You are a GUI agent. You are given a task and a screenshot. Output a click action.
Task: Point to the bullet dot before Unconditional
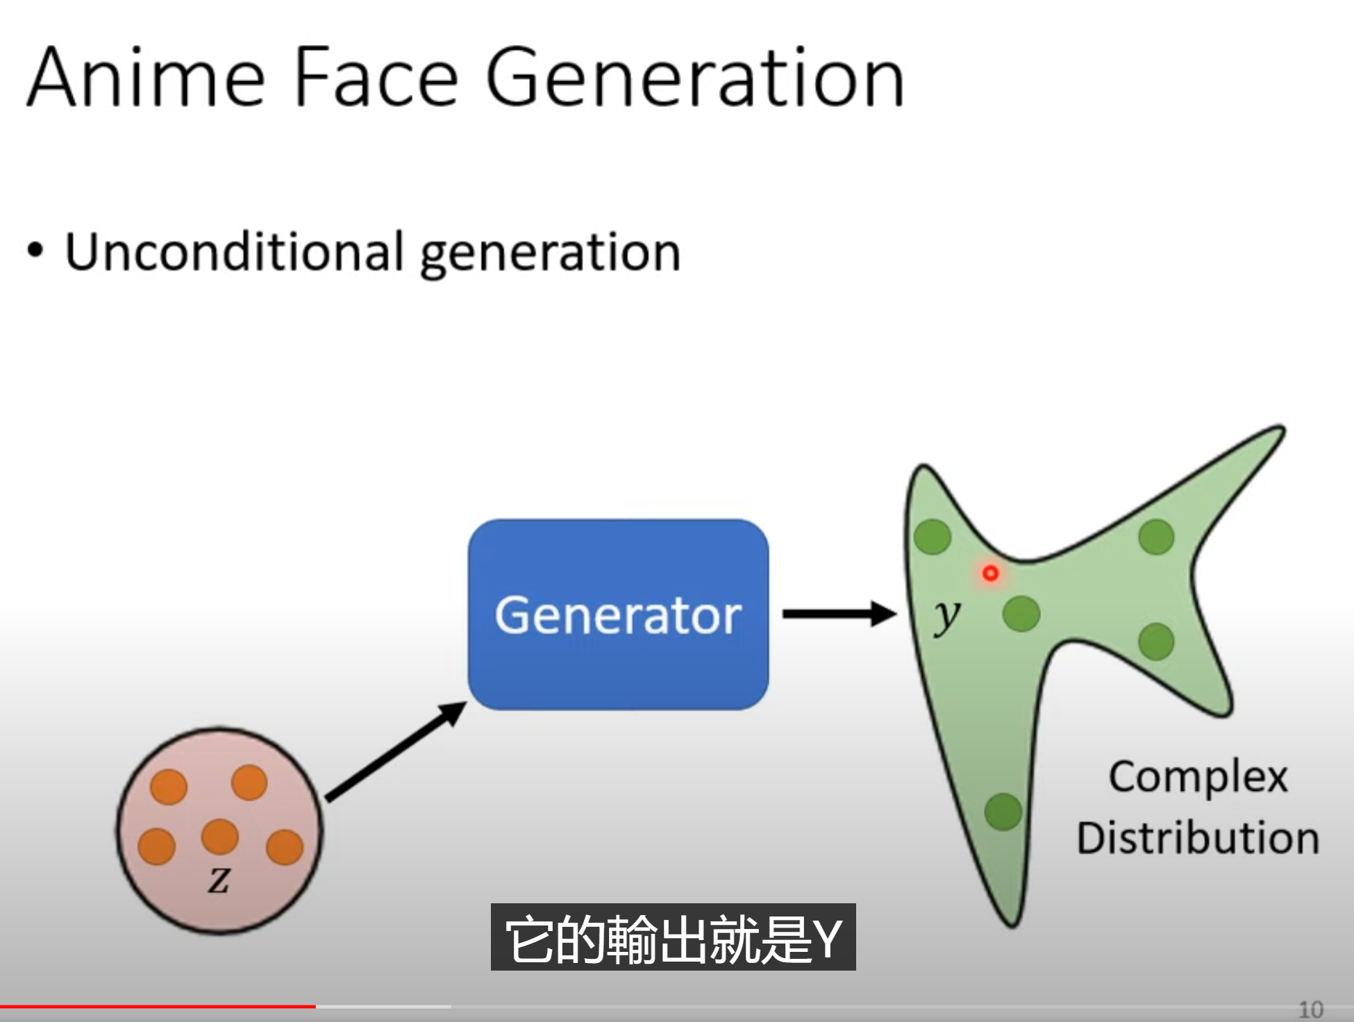click(x=35, y=251)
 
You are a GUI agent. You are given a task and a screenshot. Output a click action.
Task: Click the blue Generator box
click(x=618, y=614)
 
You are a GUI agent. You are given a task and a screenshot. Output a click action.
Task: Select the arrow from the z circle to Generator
click(x=396, y=751)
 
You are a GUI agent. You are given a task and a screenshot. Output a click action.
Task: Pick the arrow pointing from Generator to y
click(x=839, y=614)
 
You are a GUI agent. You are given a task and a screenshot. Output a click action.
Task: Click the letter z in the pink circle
click(x=219, y=880)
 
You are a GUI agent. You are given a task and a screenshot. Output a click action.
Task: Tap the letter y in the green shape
click(x=947, y=616)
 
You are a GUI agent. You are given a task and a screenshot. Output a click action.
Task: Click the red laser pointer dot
click(x=991, y=573)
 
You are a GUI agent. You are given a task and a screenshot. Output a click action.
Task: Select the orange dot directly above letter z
click(x=219, y=836)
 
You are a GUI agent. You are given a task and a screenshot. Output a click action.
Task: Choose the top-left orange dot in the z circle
click(x=169, y=787)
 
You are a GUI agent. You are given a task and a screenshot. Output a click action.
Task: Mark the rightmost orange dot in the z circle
click(x=285, y=847)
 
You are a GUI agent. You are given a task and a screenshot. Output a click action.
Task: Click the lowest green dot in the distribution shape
click(x=1003, y=812)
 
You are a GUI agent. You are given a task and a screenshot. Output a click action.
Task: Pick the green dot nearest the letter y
click(x=1021, y=614)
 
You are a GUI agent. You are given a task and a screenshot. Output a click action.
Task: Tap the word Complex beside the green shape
click(x=1198, y=778)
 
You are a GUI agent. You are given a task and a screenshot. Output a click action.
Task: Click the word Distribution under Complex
click(x=1198, y=837)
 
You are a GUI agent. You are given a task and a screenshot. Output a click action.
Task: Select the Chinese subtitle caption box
click(x=674, y=937)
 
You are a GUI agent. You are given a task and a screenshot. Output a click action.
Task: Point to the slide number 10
click(x=1311, y=1009)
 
